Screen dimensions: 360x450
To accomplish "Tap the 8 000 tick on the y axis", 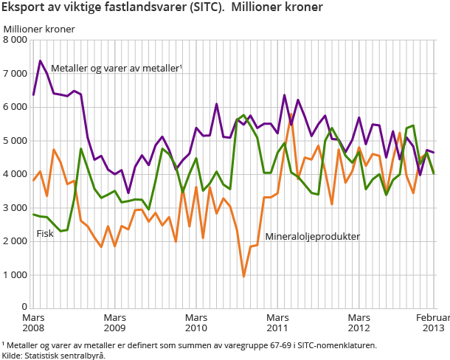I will click(15, 40).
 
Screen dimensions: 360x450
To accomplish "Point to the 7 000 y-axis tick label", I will click(15, 74).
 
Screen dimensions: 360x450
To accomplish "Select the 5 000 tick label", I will click(15, 141).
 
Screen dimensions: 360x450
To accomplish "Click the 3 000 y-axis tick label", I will click(15, 208).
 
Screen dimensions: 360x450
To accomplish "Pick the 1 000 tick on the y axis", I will click(15, 275).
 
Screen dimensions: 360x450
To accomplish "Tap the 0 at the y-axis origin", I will click(24, 308).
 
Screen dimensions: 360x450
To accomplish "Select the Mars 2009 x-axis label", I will click(115, 321).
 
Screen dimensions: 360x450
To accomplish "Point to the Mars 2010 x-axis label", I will click(196, 321).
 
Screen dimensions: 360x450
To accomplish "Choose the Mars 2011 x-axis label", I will click(277, 321).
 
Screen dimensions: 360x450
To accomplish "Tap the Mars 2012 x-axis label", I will click(359, 321).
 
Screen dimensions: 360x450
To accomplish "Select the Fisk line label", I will click(46, 235).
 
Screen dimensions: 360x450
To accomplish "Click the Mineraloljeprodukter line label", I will click(313, 237).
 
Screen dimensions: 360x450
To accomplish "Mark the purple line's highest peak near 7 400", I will click(40, 60).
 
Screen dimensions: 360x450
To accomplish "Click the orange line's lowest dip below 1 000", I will click(243, 277).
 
